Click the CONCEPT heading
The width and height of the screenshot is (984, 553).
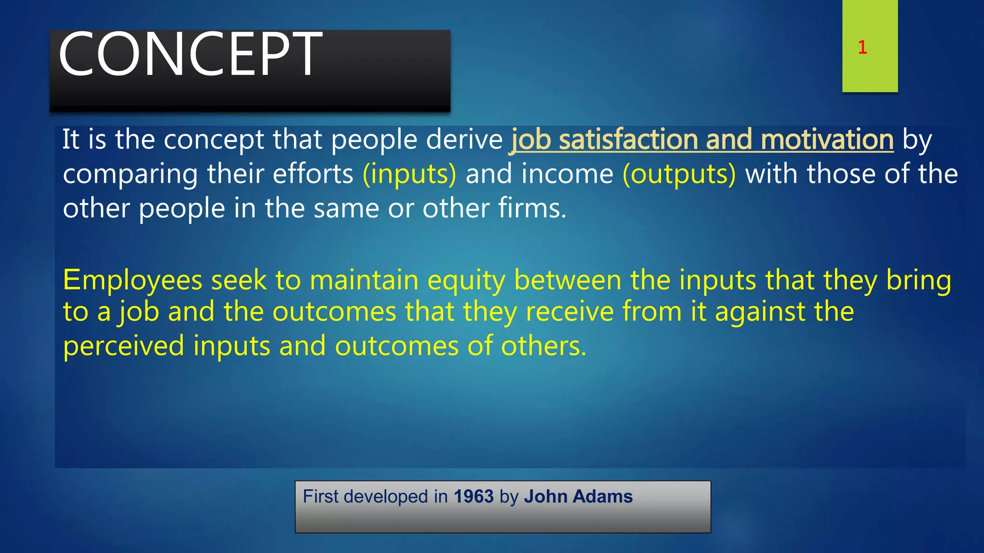(x=190, y=54)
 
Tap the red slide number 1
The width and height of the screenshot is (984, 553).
(x=862, y=48)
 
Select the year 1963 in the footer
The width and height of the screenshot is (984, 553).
(x=474, y=496)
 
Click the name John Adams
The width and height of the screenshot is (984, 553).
(x=578, y=496)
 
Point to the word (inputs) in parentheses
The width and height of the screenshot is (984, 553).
(x=409, y=174)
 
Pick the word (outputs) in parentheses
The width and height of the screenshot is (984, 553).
(x=679, y=174)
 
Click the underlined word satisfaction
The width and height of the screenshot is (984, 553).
(x=628, y=140)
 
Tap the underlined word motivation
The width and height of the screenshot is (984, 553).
(x=827, y=140)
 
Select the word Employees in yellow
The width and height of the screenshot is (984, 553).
(x=133, y=280)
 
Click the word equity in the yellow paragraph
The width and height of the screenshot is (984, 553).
(x=466, y=280)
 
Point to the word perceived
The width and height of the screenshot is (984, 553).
(x=123, y=346)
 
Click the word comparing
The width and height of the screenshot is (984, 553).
(x=130, y=175)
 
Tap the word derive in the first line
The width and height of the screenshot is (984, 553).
(x=464, y=140)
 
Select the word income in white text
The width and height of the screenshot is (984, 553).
(x=567, y=174)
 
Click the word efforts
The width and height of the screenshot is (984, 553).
(x=313, y=174)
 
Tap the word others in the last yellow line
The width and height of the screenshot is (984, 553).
(x=543, y=346)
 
